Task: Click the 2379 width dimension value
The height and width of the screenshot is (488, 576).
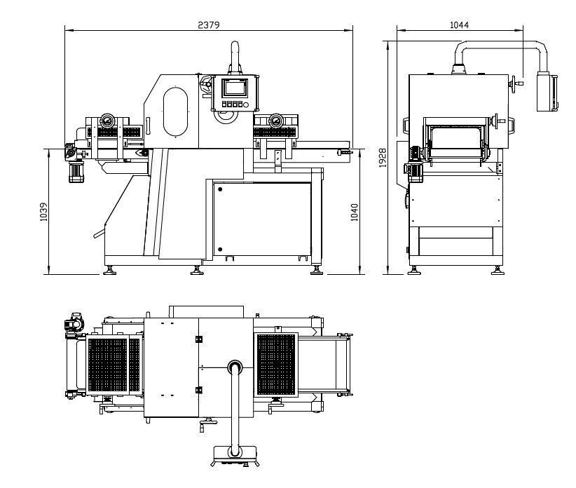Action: tap(209, 25)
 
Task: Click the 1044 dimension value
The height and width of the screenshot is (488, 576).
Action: tap(459, 25)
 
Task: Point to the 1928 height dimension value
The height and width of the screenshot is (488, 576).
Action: tap(383, 158)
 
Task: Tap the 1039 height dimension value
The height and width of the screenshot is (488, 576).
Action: tap(43, 212)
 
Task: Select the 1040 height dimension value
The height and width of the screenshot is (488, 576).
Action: tap(355, 212)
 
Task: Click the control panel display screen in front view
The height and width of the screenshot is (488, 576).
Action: tap(234, 88)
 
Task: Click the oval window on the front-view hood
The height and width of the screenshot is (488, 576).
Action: tap(175, 111)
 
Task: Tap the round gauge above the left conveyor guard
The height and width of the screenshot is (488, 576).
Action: tap(107, 120)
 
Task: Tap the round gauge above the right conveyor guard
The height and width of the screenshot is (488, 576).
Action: tap(275, 120)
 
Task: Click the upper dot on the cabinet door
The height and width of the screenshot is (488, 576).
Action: tap(220, 189)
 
